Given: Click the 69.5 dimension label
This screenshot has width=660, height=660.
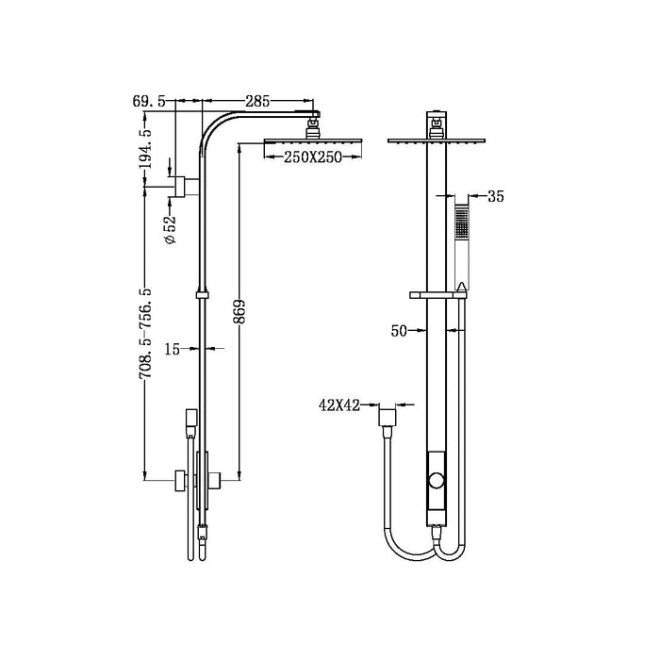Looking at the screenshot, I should (x=148, y=100).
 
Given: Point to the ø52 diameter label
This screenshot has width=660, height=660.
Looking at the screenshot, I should (x=171, y=230).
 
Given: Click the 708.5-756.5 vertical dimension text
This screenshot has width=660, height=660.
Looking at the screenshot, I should (x=145, y=335).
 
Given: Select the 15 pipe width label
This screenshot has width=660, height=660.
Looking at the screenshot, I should (x=173, y=349).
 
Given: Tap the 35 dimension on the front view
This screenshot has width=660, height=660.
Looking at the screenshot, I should (x=497, y=197).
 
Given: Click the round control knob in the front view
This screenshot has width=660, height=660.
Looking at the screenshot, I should (x=435, y=483).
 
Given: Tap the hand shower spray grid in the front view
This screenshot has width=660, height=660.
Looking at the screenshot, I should (x=460, y=223).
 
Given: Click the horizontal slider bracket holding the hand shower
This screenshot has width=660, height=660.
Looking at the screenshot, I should (x=437, y=296).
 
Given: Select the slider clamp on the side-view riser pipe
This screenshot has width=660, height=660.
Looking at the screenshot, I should (x=201, y=295).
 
